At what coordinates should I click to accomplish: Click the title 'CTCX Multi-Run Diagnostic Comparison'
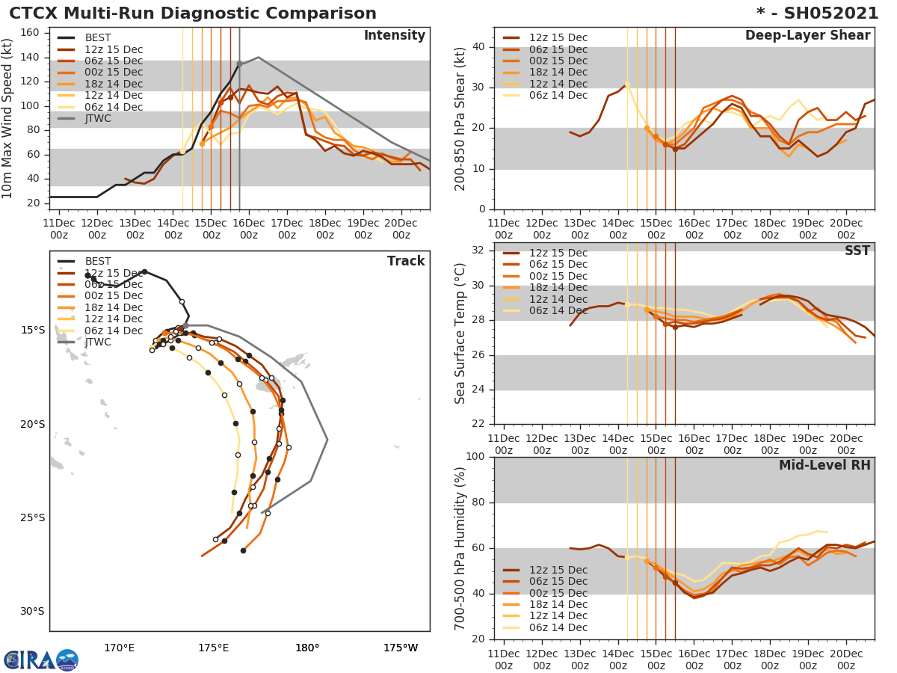[x=193, y=13]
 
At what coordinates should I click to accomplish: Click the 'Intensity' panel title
[x=394, y=36]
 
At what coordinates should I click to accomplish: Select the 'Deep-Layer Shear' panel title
[x=807, y=36]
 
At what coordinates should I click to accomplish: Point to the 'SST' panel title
[x=857, y=251]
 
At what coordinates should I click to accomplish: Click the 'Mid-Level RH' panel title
[x=824, y=466]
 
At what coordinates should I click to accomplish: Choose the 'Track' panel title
[x=406, y=262]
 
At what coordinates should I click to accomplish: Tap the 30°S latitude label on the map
[x=32, y=612]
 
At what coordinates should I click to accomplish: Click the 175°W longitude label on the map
[x=401, y=648]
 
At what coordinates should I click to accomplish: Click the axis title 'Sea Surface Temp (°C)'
[x=460, y=334]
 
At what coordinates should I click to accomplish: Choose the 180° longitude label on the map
[x=307, y=648]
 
